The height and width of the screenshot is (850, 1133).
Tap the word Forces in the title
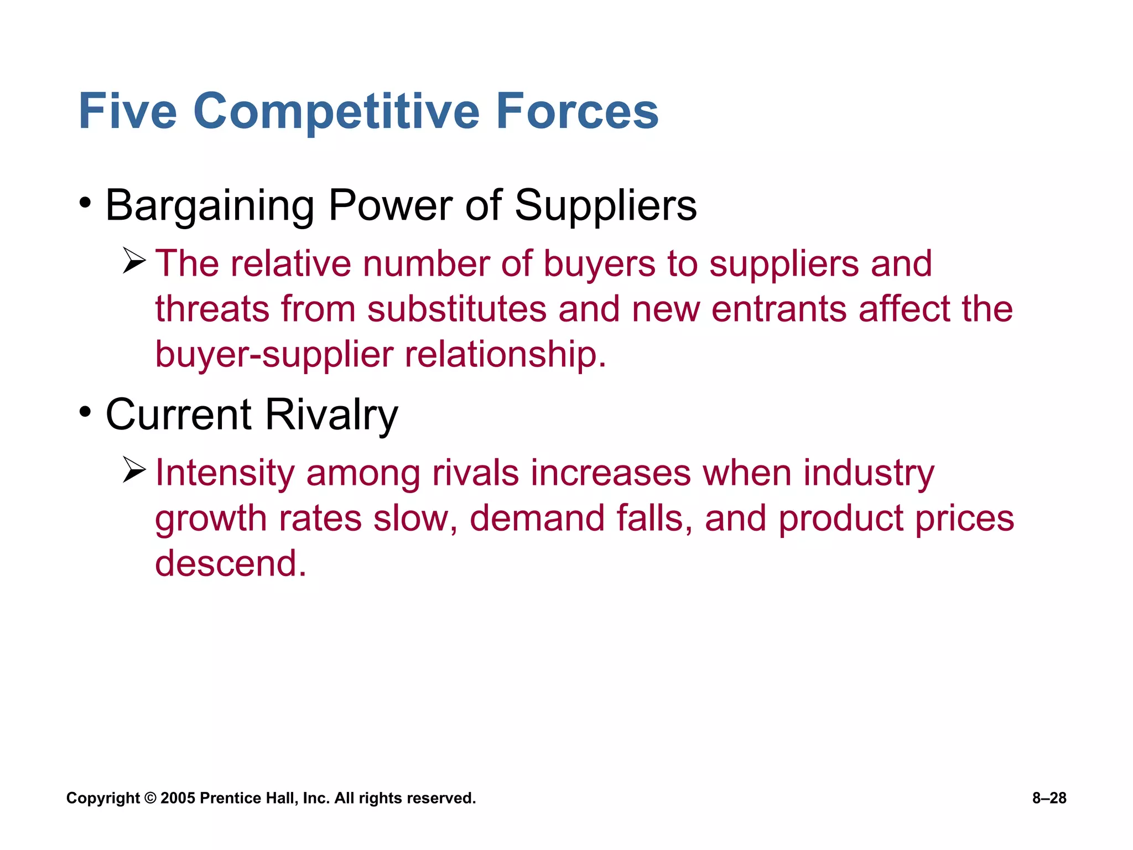pos(576,112)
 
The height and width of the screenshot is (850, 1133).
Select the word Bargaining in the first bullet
pos(210,206)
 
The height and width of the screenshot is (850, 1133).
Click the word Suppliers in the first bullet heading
pos(605,206)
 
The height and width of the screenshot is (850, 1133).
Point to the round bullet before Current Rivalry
pos(85,412)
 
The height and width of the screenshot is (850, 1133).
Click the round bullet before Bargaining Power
pos(85,203)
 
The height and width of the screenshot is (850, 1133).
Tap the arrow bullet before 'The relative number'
pos(134,261)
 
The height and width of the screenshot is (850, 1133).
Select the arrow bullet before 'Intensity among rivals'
pos(134,470)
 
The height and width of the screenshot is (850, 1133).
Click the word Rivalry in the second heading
pos(331,415)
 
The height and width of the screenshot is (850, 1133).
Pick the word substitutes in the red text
pos(457,309)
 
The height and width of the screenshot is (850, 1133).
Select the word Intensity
pos(225,474)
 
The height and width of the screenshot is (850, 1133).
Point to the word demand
pos(537,519)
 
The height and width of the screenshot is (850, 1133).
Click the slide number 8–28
pos(1049,798)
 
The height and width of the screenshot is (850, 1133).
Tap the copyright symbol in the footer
pos(150,798)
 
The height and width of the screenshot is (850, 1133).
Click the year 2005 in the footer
pos(178,798)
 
